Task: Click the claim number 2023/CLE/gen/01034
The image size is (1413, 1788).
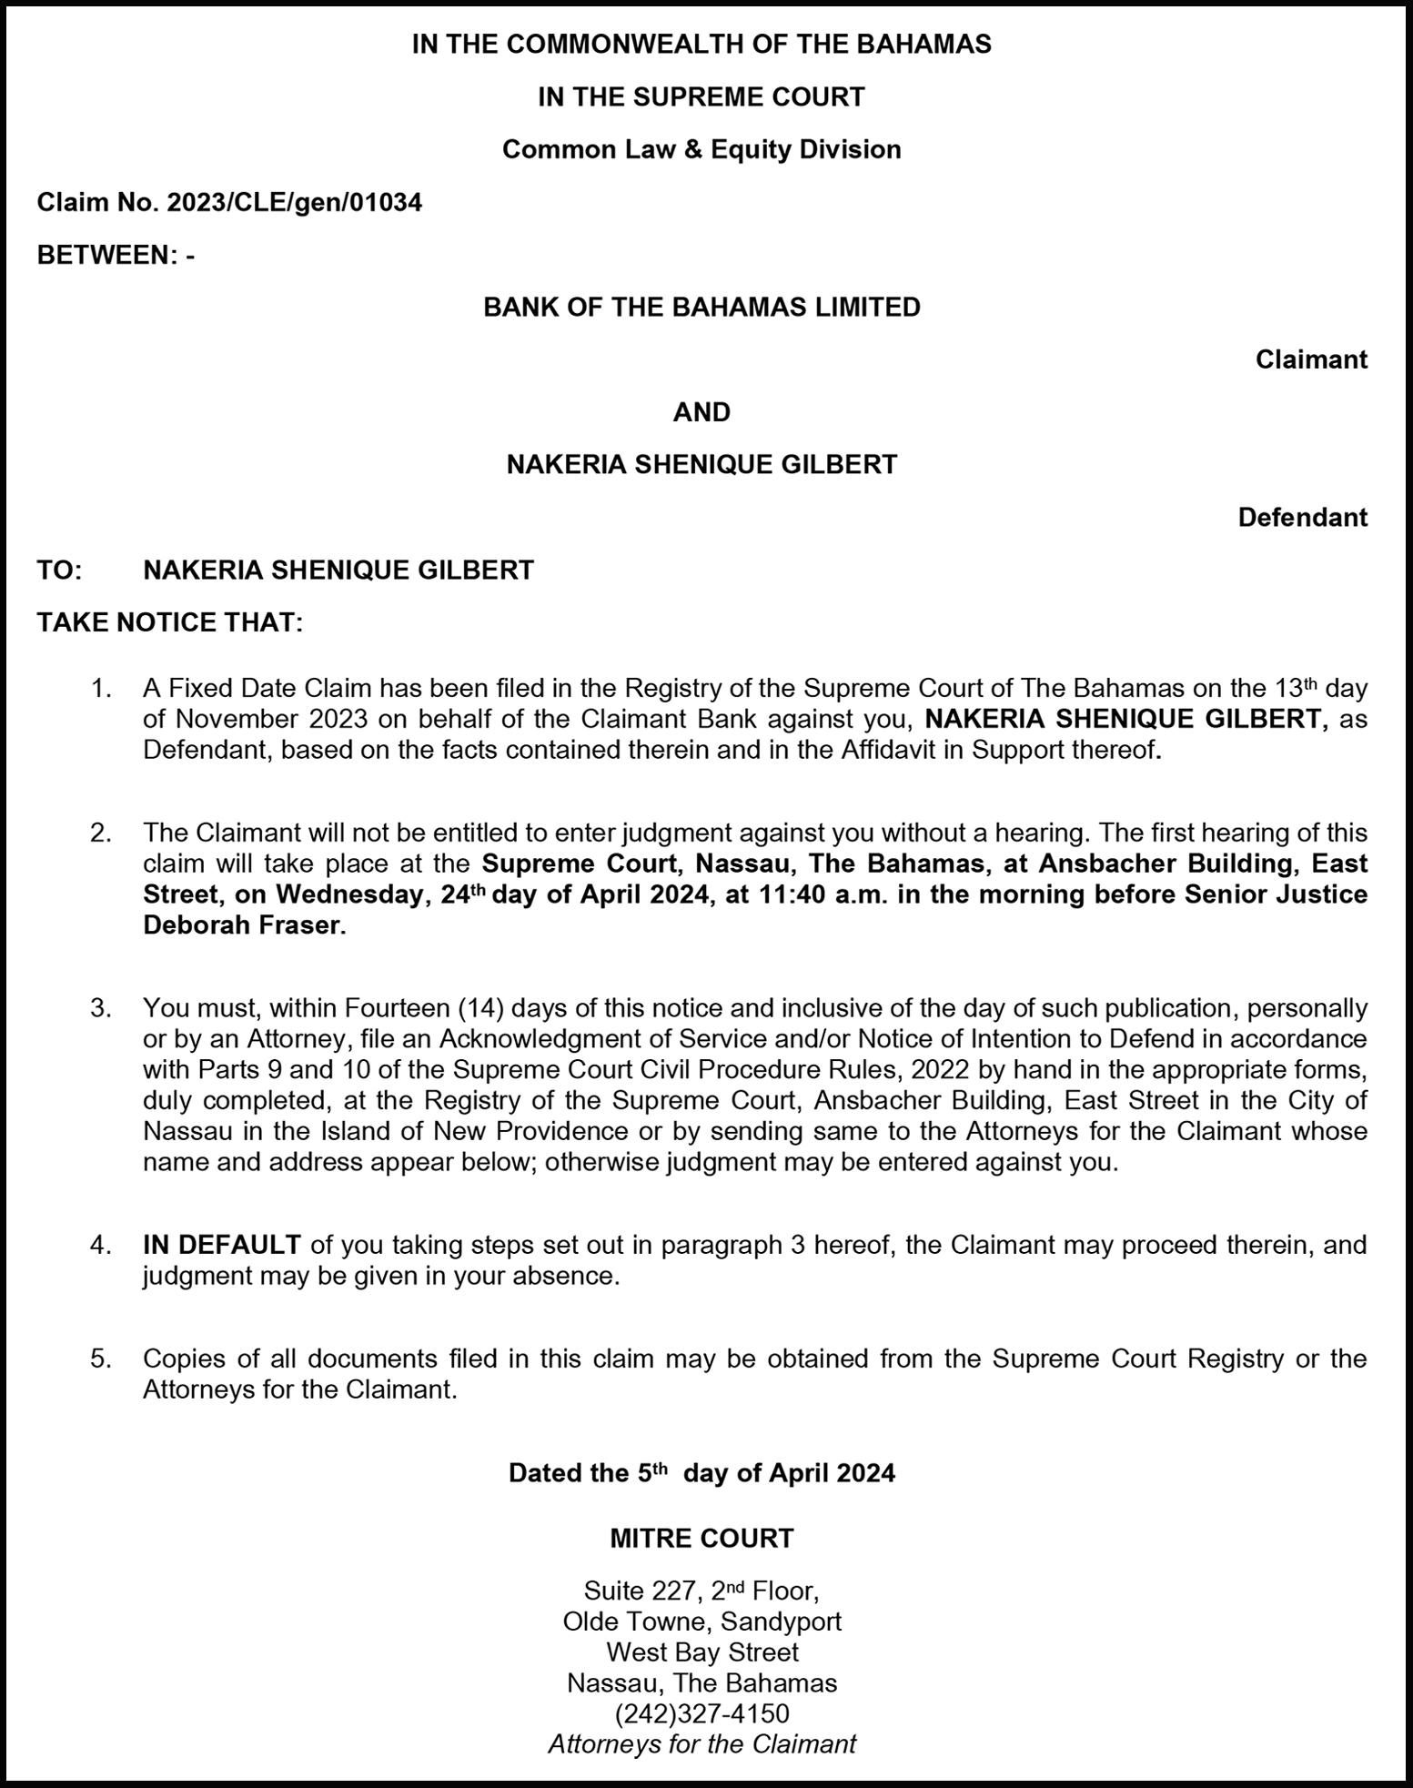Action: click(294, 202)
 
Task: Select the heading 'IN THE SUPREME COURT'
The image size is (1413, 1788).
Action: click(701, 96)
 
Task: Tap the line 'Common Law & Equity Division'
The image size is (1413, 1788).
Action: click(701, 149)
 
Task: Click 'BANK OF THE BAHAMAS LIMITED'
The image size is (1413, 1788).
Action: click(701, 308)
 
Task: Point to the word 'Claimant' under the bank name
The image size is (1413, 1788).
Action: click(1311, 360)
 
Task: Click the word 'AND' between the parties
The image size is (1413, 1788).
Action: click(701, 412)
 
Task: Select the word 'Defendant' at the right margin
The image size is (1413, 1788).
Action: click(1302, 518)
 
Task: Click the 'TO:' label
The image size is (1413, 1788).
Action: click(59, 571)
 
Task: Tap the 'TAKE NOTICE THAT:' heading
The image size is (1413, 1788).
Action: click(169, 623)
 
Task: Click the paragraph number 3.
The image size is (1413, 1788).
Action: click(100, 1008)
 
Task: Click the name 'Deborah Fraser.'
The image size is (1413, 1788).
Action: click(245, 925)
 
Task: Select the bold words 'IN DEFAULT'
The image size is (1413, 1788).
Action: click(222, 1245)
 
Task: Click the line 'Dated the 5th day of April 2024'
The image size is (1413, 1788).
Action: click(701, 1473)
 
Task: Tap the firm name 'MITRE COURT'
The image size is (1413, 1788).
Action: click(701, 1539)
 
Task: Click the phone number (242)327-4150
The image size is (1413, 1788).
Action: click(701, 1713)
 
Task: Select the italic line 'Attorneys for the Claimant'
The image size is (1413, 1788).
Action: click(701, 1744)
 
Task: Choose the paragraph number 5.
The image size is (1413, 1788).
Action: click(100, 1359)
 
